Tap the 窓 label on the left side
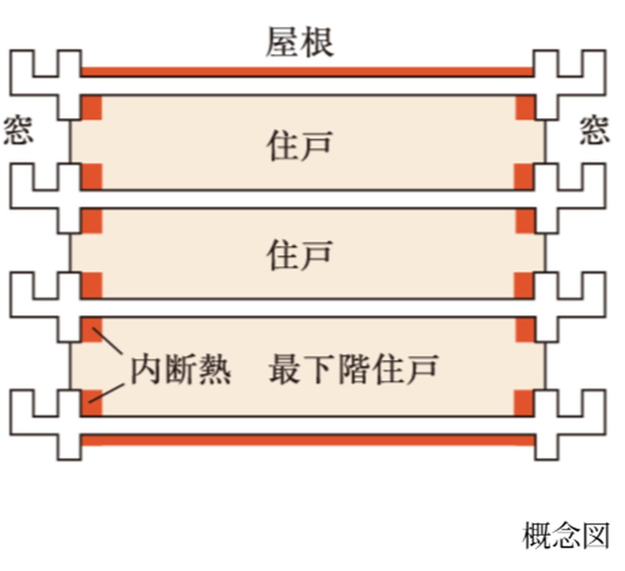[x=18, y=130]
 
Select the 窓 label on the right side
[x=594, y=130]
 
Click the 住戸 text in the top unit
[x=299, y=145]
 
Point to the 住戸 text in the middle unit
[x=299, y=255]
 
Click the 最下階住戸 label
[x=353, y=369]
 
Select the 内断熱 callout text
[x=180, y=369]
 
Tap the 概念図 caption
[x=565, y=535]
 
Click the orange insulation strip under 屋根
[x=306, y=71]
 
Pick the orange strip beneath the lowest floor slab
[x=306, y=440]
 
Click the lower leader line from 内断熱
[x=105, y=391]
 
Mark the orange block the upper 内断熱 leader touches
[x=92, y=329]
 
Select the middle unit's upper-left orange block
[x=92, y=220]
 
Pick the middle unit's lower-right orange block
[x=524, y=285]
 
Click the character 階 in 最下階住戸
[x=353, y=369]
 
